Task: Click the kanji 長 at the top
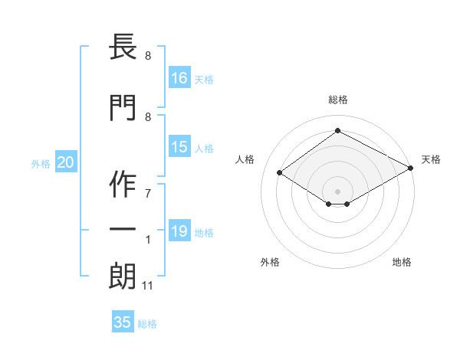[123, 46]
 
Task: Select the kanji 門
[123, 107]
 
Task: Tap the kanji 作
[123, 184]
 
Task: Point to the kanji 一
[123, 229]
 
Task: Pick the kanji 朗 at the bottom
[123, 277]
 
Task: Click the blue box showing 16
[179, 77]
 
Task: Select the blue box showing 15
[179, 146]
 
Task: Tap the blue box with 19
[179, 230]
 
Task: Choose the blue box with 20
[66, 162]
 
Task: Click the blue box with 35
[123, 321]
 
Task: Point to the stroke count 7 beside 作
[148, 194]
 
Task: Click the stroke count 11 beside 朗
[147, 286]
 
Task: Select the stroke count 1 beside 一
[148, 240]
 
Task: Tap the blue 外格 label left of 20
[41, 164]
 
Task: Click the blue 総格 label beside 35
[147, 324]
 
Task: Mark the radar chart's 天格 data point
[410, 168]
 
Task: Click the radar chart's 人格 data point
[279, 172]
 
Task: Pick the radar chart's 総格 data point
[337, 130]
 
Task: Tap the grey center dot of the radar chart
[337, 191]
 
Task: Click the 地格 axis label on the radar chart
[402, 262]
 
